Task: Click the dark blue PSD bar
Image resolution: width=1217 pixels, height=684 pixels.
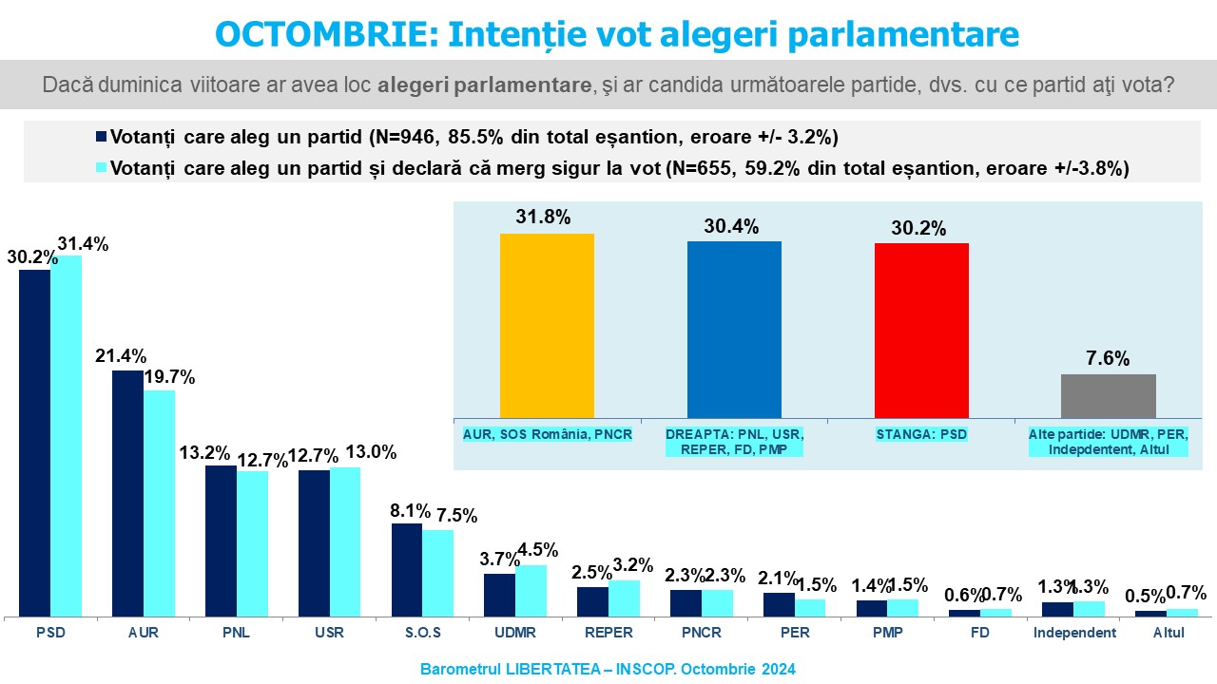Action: pos(35,443)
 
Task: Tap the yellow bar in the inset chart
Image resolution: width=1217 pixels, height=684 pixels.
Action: pos(547,325)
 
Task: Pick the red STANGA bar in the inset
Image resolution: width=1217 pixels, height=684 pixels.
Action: pos(921,330)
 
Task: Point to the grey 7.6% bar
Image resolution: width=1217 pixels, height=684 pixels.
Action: pos(1108,395)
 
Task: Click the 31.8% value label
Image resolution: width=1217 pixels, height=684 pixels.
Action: pos(544,217)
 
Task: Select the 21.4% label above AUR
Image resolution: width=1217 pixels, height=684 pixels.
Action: pos(121,356)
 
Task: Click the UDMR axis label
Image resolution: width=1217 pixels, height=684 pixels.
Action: pos(514,633)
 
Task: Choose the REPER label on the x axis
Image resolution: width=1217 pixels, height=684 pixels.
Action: pos(608,633)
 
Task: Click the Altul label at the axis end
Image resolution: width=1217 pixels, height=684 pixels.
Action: pos(1169,633)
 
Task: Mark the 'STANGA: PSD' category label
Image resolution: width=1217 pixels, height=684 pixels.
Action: pos(920,434)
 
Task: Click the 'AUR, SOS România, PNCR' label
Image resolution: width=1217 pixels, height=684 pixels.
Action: pos(546,434)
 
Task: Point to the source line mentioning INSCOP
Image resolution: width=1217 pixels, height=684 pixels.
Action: pos(608,669)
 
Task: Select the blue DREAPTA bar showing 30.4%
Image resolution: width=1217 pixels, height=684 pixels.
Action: pos(734,329)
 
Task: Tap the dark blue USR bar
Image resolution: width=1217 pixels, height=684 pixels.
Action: pos(314,542)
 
